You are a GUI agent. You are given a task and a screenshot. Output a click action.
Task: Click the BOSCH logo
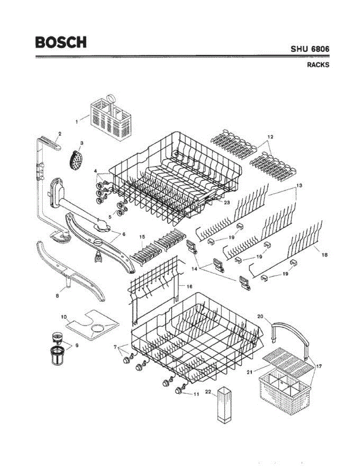coord(61,42)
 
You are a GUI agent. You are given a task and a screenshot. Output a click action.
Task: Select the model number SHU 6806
coord(310,49)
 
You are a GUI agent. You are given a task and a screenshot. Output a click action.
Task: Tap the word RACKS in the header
coord(318,65)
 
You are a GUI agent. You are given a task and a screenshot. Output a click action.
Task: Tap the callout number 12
coord(270,137)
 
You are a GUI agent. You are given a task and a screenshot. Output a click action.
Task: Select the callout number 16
coord(190,286)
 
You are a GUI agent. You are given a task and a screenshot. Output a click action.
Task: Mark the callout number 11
coord(197,394)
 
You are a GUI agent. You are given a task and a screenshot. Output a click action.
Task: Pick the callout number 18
coord(325,255)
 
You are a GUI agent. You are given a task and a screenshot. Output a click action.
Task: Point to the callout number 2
coord(60,134)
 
